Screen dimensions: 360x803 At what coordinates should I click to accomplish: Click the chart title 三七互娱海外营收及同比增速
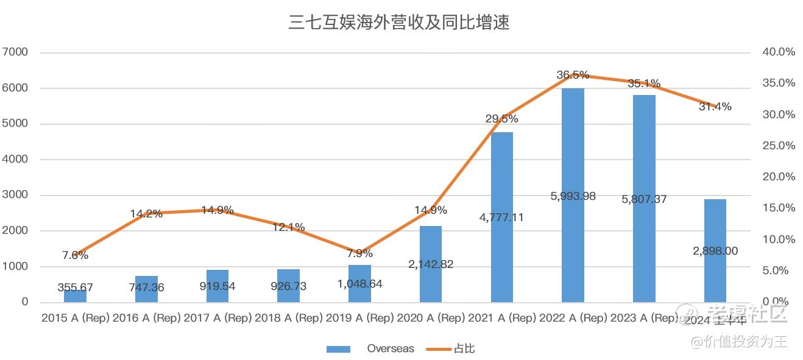[x=398, y=23]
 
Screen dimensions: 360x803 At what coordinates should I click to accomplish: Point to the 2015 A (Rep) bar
[x=75, y=295]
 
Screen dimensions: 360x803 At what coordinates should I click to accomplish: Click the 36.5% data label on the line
[x=573, y=75]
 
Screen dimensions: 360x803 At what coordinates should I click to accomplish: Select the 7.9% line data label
[x=359, y=253]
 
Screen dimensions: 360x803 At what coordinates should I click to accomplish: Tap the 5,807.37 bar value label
[x=643, y=199]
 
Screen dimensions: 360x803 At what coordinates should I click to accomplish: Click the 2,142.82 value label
[x=431, y=264]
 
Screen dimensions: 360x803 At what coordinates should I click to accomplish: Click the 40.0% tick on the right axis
[x=779, y=52]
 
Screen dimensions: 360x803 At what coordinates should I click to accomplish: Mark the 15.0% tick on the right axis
[x=779, y=208]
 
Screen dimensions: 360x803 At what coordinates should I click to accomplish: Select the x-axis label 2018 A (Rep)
[x=288, y=318]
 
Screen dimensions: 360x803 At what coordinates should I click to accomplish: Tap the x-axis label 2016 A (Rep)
[x=146, y=318]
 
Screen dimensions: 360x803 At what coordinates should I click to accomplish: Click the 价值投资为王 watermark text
[x=746, y=342]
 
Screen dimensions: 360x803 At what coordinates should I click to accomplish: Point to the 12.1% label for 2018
[x=288, y=227]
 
